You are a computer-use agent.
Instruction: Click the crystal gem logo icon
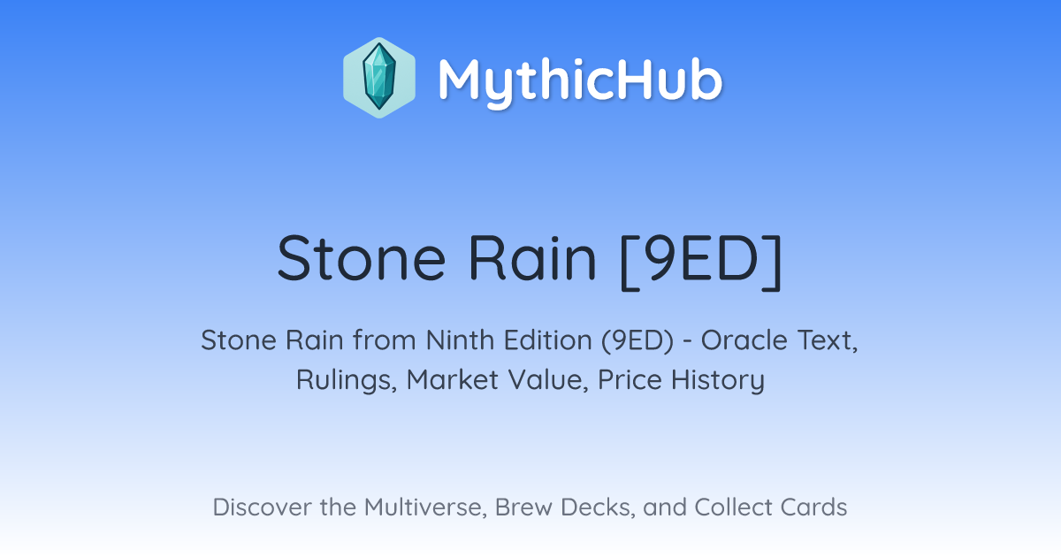pos(379,78)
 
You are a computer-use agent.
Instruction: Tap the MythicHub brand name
pos(580,81)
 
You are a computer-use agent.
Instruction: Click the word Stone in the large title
pos(362,258)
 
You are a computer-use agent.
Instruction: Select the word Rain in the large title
pos(532,258)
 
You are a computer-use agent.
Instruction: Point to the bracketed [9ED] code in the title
pos(700,261)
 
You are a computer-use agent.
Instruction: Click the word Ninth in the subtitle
pos(460,340)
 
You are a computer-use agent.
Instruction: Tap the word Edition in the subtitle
pos(548,340)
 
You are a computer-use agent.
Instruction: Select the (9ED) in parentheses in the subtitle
pos(637,341)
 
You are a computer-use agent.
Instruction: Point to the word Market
pos(453,379)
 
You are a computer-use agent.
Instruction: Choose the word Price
pos(630,379)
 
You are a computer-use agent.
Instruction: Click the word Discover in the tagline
pos(262,507)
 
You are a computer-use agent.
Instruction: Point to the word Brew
pos(523,507)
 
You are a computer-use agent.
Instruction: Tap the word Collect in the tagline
pos(734,507)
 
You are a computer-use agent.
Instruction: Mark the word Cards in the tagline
pos(813,507)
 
